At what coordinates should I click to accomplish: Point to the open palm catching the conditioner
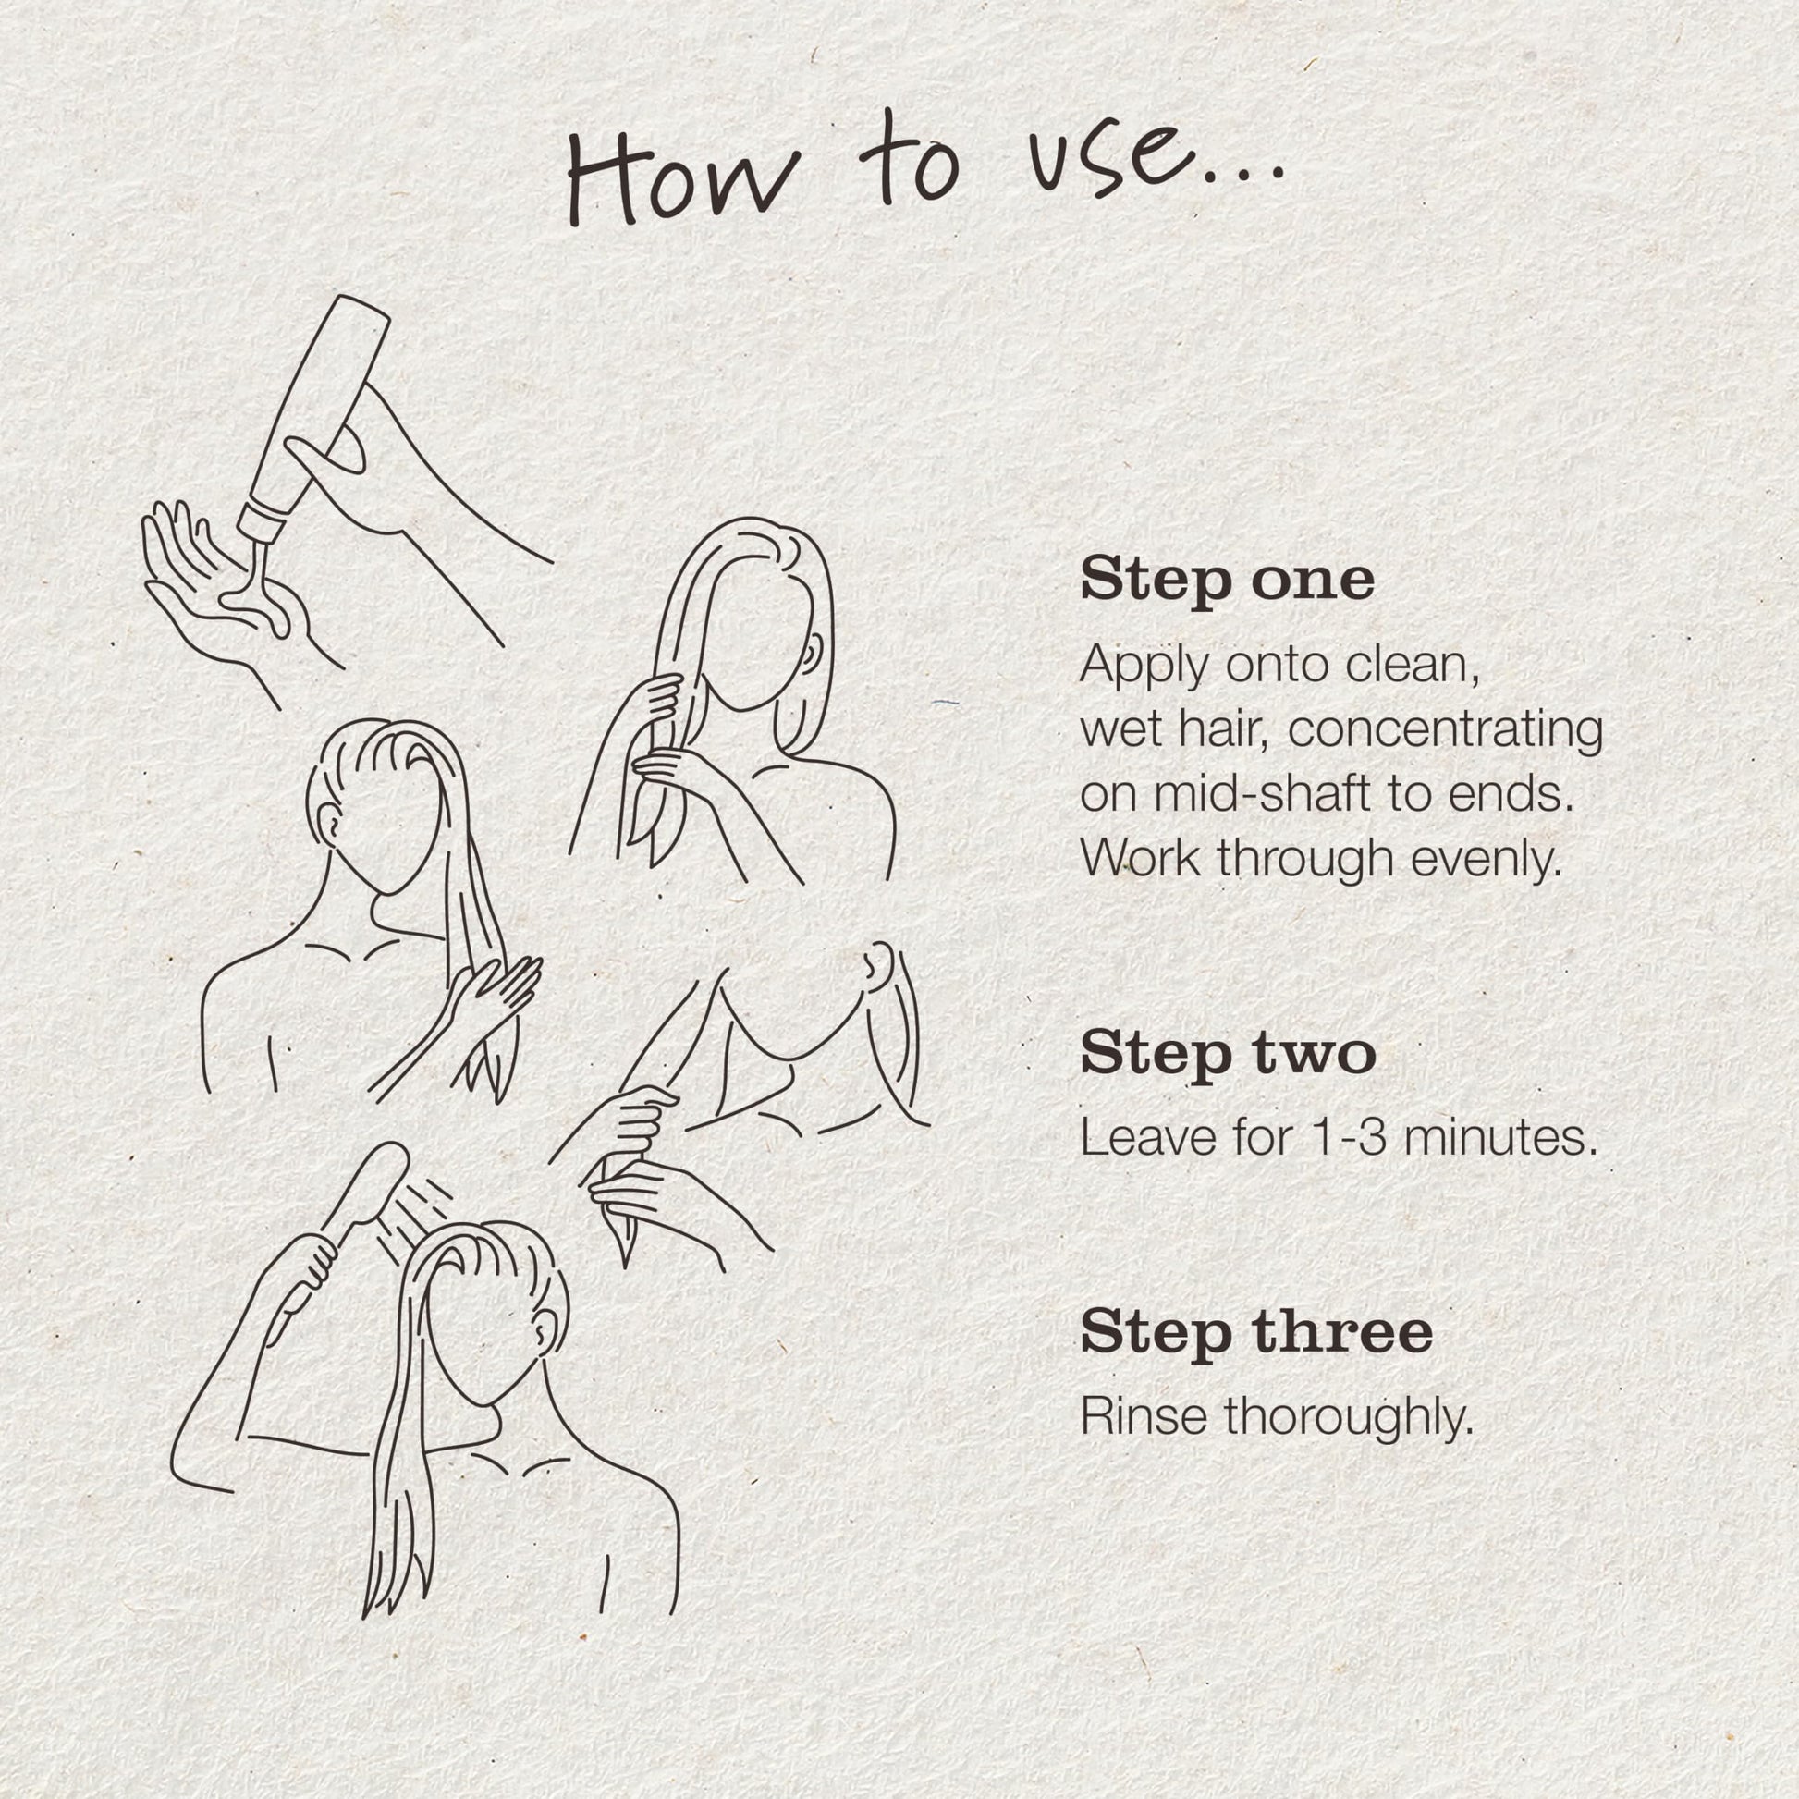(224, 596)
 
